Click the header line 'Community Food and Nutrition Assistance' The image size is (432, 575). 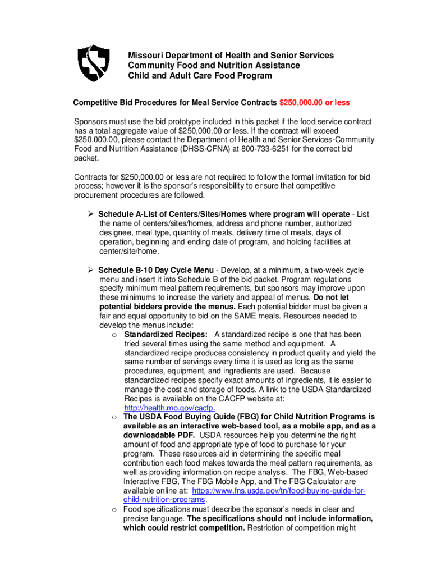point(214,66)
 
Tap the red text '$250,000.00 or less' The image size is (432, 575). point(315,103)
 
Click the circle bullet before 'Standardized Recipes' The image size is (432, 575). point(114,335)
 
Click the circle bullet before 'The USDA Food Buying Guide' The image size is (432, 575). point(114,417)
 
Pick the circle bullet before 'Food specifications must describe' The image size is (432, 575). point(114,509)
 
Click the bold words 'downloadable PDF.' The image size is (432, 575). point(159,435)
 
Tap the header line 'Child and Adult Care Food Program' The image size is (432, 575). point(200,76)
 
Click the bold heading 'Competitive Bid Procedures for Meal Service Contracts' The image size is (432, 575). point(176,103)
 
